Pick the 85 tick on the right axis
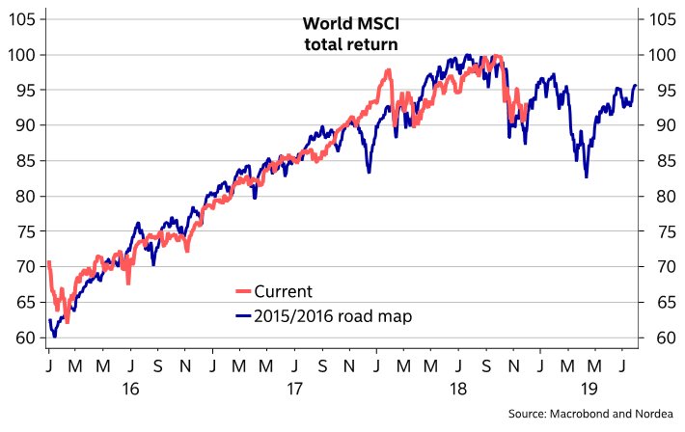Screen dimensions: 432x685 coord(659,161)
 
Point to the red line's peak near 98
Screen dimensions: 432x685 coord(387,70)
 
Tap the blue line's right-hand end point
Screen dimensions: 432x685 coord(635,86)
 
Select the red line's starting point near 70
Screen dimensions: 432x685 coord(48,263)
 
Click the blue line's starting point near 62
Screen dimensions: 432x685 coord(49,320)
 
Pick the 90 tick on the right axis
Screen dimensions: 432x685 coord(659,125)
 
